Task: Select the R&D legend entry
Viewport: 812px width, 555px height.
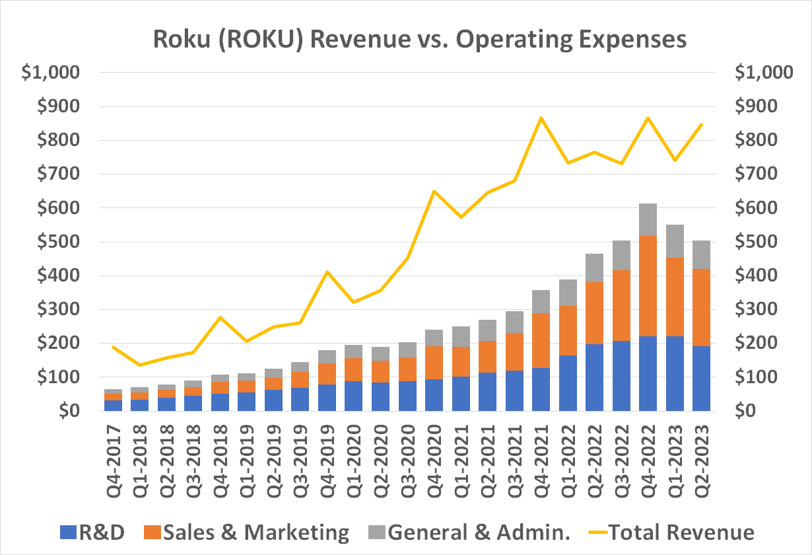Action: [x=92, y=533]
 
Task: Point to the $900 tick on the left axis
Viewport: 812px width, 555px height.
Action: [x=50, y=106]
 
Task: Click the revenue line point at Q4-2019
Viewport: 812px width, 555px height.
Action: [x=326, y=272]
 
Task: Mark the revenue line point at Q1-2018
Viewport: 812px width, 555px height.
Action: [x=141, y=365]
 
